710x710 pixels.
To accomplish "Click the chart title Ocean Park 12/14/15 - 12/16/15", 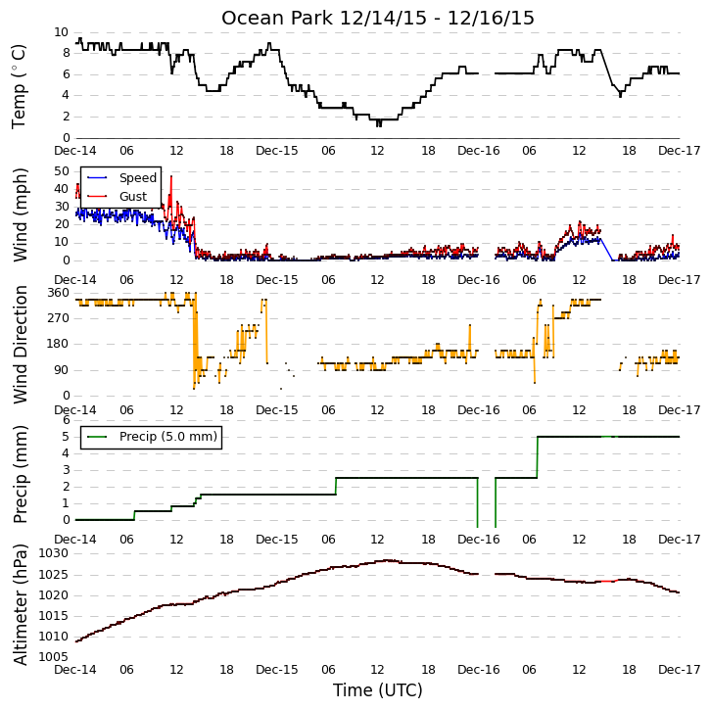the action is coord(378,18).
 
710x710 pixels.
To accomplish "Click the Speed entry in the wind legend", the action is coord(138,178).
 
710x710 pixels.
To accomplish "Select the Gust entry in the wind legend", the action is coord(133,197).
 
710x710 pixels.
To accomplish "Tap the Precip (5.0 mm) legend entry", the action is coord(168,437).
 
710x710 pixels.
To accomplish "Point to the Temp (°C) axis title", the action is coord(19,86).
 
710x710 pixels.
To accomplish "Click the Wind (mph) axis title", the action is coord(21,214).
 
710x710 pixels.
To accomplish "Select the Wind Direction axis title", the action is coord(21,344).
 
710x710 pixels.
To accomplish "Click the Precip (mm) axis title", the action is coord(21,475).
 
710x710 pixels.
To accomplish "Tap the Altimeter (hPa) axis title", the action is coord(21,605).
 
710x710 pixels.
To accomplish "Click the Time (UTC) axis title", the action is coord(378,690).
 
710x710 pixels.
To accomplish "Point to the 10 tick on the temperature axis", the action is coord(61,32).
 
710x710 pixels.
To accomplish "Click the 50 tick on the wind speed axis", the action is coord(62,171).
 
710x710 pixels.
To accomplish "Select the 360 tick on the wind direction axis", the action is coord(59,293).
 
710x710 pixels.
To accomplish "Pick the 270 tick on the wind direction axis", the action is coord(59,318).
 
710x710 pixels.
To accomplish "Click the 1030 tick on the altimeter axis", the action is coord(54,553).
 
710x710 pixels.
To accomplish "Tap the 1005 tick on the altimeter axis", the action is coord(54,657).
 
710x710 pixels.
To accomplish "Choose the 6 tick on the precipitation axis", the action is coord(67,420).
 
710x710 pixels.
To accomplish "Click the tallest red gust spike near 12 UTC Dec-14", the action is coord(171,177).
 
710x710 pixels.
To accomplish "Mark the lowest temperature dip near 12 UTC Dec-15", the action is coord(379,125).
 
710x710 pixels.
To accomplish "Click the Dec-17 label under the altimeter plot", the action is coord(679,670).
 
